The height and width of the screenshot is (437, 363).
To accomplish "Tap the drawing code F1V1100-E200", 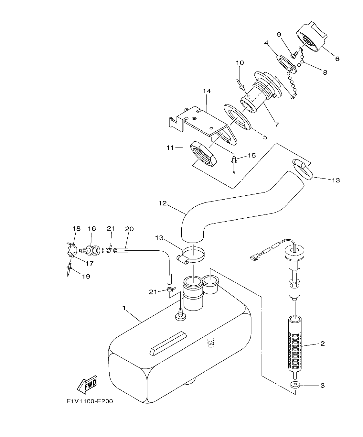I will click(x=90, y=401).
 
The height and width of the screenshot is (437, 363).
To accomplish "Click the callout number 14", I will click(x=207, y=91).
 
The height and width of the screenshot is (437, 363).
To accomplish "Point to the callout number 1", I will click(x=124, y=308).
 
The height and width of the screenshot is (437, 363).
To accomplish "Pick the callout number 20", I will click(x=129, y=229).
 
